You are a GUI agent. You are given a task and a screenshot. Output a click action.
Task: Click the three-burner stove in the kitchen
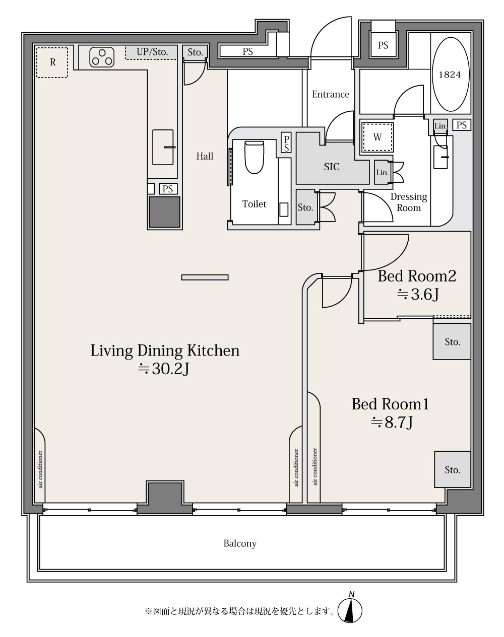point(102,57)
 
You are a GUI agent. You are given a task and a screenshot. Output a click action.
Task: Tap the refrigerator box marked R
point(52,62)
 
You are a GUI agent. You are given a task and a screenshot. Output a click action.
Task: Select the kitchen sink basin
point(163,147)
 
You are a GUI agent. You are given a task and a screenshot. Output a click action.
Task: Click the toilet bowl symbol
point(254,157)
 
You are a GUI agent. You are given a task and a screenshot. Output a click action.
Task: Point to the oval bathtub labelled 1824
point(451,75)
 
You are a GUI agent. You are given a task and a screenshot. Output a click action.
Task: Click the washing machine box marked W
point(377,137)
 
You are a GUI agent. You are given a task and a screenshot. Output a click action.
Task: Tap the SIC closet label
point(332,167)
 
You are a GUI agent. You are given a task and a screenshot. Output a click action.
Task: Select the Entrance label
point(331,95)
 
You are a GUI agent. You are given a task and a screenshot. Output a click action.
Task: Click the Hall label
point(205,156)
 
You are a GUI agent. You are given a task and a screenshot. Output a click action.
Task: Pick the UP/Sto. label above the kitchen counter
point(152,52)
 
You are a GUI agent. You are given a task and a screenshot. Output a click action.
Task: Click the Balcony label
point(240,543)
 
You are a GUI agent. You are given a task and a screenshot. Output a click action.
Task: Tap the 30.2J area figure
point(164,369)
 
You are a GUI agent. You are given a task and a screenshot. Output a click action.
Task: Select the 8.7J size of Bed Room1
point(392,422)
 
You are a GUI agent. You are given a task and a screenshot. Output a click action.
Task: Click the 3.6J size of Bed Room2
point(417,295)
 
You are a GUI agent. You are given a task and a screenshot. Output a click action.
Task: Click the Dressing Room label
point(409,202)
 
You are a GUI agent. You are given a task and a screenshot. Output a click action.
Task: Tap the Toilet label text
point(254,204)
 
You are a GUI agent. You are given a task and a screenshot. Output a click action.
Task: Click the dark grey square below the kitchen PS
point(164,212)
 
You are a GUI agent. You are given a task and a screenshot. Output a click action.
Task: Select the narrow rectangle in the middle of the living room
point(205,277)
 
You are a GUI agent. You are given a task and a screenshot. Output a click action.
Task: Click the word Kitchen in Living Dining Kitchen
point(213,350)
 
